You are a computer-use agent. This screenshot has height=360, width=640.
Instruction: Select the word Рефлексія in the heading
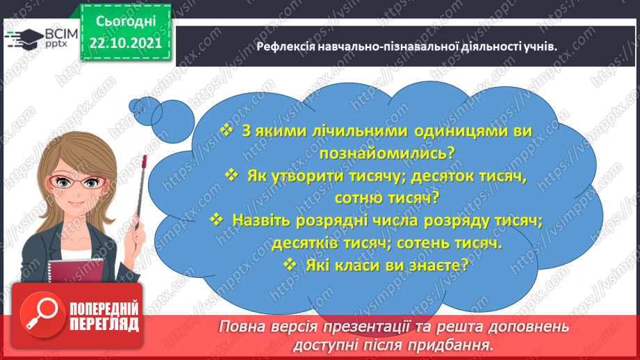(x=284, y=47)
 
